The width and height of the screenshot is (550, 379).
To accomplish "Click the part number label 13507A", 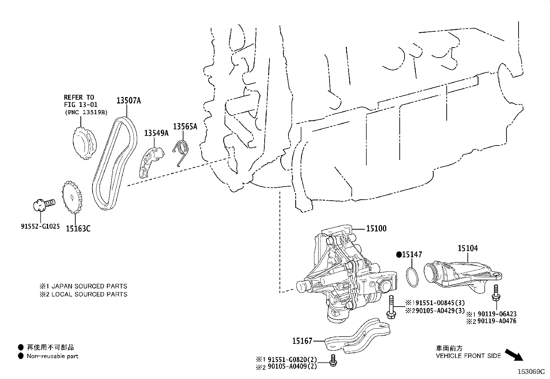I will (129, 100).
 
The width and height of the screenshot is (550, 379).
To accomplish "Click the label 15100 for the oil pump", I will (376, 228).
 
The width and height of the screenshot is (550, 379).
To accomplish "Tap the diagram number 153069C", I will (531, 372).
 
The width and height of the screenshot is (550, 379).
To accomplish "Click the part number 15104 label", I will (468, 248).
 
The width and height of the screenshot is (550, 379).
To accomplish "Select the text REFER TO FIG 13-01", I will (81, 101).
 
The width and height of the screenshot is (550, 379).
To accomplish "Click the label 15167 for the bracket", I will (302, 341).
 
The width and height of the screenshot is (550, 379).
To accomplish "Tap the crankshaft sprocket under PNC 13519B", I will (83, 144).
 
